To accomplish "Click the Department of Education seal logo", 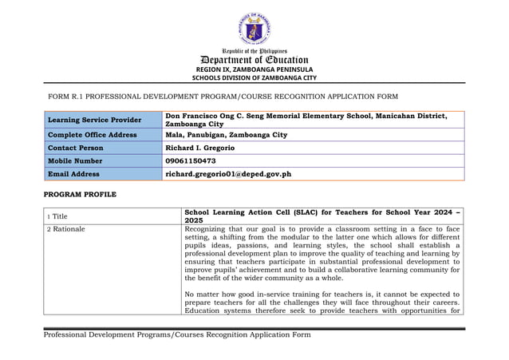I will pyautogui.click(x=254, y=29).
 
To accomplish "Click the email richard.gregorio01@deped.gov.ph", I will pyautogui.click(x=227, y=173).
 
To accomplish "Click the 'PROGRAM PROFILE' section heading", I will pyautogui.click(x=80, y=194).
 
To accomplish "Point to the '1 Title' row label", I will pyautogui.click(x=58, y=215).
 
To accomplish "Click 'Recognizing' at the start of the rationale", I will pyautogui.click(x=206, y=229).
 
